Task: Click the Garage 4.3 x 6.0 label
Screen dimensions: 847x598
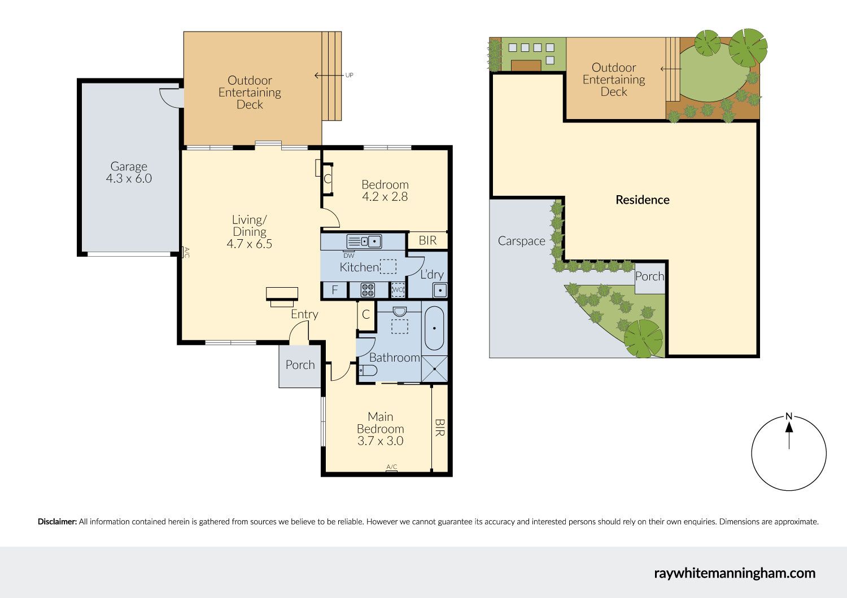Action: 129,172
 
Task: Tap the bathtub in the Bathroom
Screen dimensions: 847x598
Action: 434,328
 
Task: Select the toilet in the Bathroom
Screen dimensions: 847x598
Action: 368,370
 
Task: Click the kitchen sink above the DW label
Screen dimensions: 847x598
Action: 364,241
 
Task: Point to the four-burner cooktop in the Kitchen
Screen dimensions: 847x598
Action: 368,290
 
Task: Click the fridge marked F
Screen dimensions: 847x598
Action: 334,290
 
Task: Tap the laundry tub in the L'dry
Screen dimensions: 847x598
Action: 440,291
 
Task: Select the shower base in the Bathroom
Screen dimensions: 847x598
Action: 434,369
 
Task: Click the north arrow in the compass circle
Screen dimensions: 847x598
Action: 789,435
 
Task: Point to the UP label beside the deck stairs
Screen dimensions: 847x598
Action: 349,75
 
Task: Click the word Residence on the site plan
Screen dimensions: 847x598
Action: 643,200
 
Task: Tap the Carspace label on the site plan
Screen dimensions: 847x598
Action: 521,241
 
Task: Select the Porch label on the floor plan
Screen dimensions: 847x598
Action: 300,365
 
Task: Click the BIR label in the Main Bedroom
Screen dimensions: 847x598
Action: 439,428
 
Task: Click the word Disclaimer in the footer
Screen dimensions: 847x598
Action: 57,522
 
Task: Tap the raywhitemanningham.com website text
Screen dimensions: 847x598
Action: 735,573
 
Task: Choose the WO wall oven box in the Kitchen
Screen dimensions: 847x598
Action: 398,290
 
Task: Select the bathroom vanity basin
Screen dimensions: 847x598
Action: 399,311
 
